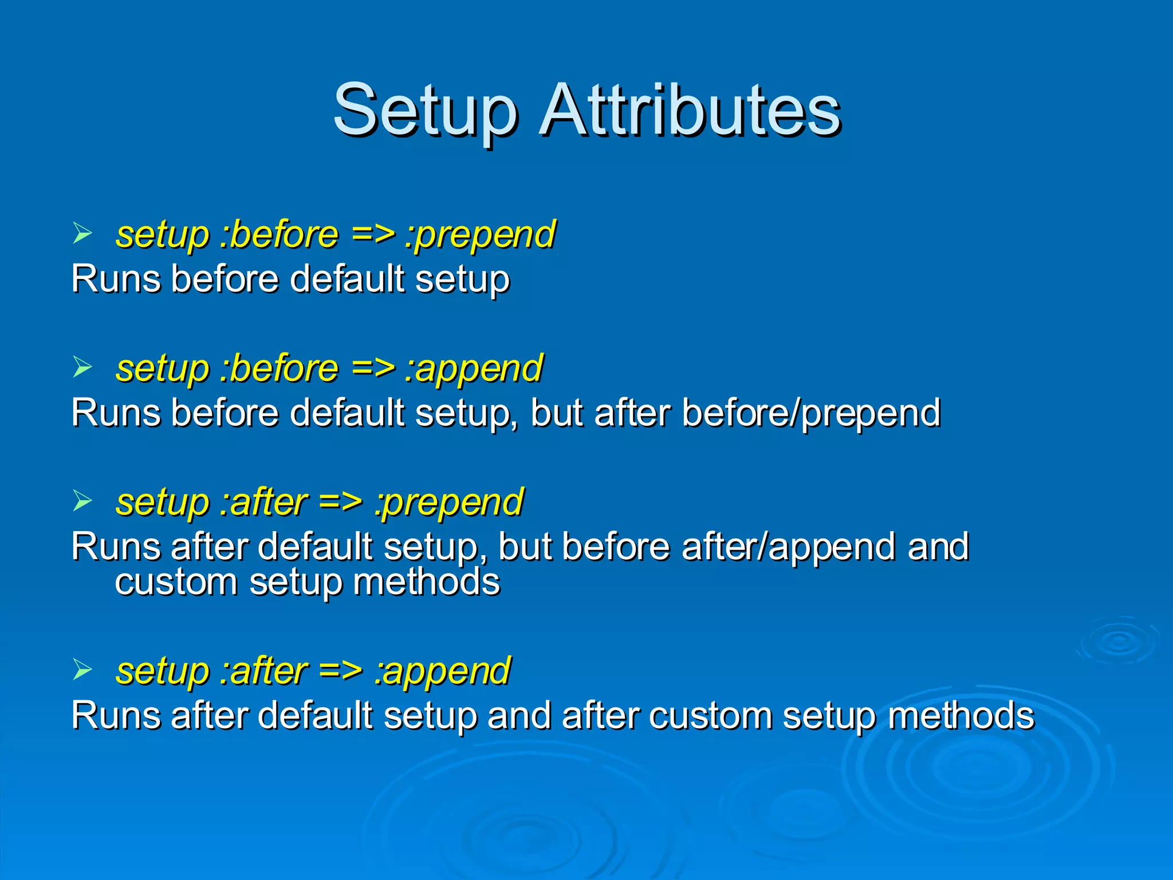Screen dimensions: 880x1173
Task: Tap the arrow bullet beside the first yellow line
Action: [x=82, y=234]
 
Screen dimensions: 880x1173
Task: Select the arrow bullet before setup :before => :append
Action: [x=82, y=367]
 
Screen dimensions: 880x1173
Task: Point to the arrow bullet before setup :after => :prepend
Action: [x=82, y=501]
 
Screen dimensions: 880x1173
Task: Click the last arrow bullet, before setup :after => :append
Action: [x=82, y=670]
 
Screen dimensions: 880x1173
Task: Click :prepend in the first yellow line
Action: [x=480, y=235]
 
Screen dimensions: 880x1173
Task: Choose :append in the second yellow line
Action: [x=473, y=368]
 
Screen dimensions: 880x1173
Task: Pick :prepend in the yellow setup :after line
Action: [x=448, y=502]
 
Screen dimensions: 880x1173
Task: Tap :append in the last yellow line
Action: [x=442, y=671]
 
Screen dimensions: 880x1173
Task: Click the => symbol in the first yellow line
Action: [x=373, y=235]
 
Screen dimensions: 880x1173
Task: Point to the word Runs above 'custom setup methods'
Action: [x=115, y=547]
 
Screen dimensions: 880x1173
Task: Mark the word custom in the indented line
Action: [x=176, y=583]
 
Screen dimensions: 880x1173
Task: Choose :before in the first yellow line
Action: [x=280, y=235]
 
